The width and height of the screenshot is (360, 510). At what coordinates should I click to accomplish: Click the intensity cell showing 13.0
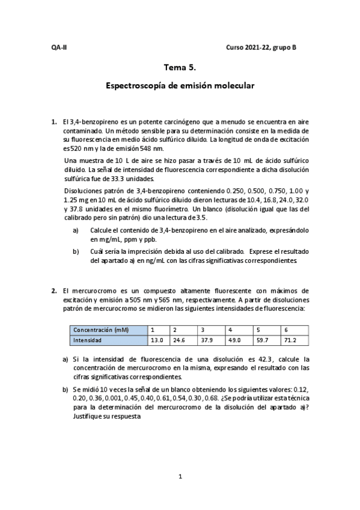click(157, 340)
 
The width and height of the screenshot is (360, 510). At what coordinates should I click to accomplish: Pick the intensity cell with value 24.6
click(178, 340)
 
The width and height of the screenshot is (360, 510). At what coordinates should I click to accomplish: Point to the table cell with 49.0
click(234, 340)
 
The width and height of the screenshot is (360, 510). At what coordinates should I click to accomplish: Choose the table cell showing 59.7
click(262, 340)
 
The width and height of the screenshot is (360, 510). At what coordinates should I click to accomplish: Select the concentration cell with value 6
click(286, 330)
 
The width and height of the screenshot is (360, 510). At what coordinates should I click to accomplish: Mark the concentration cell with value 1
click(153, 330)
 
